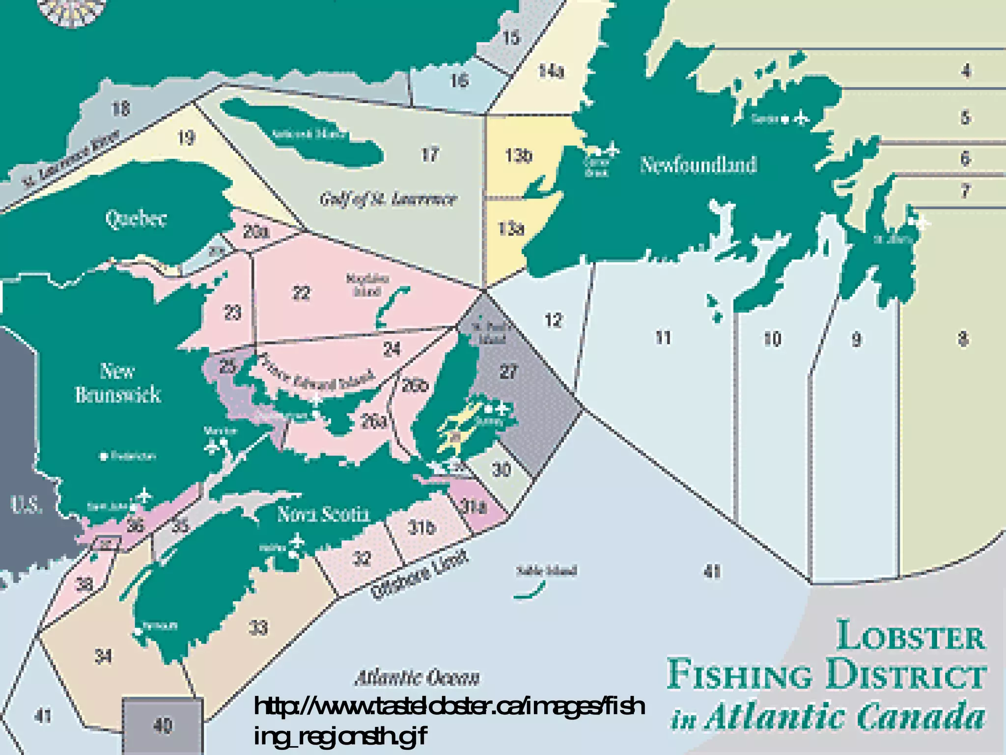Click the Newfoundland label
tap(698, 165)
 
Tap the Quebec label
tap(136, 219)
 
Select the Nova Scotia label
tap(323, 514)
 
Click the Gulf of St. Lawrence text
tap(388, 199)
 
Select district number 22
tap(301, 293)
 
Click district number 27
tap(508, 372)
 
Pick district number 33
tap(258, 628)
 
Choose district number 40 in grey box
tap(163, 726)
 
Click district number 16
tap(460, 80)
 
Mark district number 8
tap(963, 339)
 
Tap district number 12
tap(553, 320)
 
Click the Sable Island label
tap(546, 571)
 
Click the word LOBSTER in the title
tap(911, 636)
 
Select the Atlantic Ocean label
tap(417, 678)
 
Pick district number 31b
tap(421, 527)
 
